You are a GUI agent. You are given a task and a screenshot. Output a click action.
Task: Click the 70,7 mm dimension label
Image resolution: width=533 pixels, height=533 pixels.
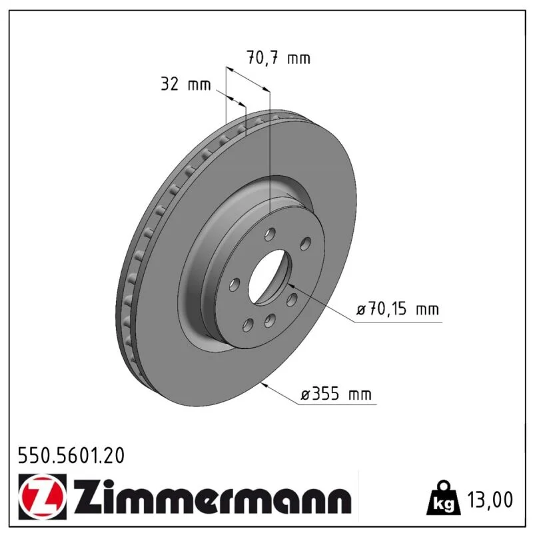coord(278,58)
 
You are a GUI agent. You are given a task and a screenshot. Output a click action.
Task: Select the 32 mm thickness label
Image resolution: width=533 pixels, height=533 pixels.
coord(186,84)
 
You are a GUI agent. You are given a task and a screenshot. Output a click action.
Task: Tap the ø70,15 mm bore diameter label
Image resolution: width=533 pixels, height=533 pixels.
coord(397,309)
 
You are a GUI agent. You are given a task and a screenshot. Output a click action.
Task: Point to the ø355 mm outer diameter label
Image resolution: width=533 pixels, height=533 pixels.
coord(336,394)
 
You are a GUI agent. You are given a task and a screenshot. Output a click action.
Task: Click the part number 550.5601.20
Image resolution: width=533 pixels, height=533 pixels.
coord(71,456)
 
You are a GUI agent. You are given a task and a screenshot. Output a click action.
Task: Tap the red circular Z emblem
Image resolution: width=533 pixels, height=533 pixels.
coord(41,496)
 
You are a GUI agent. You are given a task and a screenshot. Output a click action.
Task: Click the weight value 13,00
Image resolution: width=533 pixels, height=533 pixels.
coord(490,500)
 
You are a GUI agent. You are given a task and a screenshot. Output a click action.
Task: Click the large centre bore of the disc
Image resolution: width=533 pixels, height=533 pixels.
coord(270,277)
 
